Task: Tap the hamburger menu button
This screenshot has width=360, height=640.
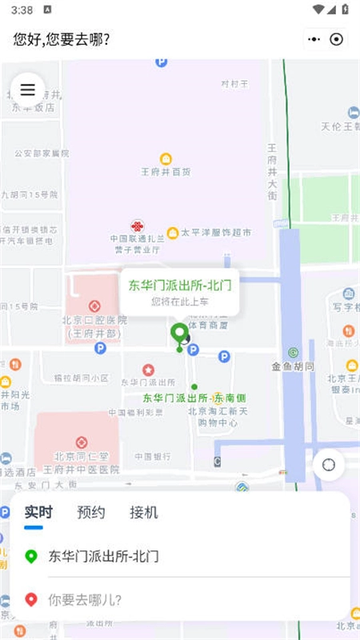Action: click(x=28, y=90)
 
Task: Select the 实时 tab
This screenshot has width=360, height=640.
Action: click(x=38, y=513)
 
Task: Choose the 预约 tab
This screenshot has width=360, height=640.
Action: click(x=90, y=513)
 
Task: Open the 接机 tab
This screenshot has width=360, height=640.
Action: click(x=144, y=513)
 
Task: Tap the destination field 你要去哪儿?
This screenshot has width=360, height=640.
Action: click(x=86, y=599)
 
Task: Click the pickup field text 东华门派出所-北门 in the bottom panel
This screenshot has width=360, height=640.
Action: click(x=104, y=556)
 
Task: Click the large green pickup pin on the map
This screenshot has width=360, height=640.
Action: click(x=179, y=334)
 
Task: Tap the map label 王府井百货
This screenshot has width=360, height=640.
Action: click(x=166, y=171)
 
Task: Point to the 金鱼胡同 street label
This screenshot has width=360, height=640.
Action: click(x=292, y=366)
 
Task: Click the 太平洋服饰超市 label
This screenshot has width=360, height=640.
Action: click(x=215, y=233)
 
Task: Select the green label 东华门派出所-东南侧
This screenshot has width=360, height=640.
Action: click(x=194, y=398)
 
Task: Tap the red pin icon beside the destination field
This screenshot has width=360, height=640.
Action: click(x=31, y=599)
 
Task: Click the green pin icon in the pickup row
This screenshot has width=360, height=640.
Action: click(x=31, y=556)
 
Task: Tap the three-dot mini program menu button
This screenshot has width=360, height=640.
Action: click(x=314, y=39)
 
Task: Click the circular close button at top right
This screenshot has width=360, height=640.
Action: click(x=337, y=39)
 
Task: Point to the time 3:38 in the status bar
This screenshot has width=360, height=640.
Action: click(x=22, y=10)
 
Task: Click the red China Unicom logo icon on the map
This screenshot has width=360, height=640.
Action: click(x=138, y=226)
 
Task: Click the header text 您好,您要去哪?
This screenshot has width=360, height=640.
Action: click(x=62, y=39)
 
